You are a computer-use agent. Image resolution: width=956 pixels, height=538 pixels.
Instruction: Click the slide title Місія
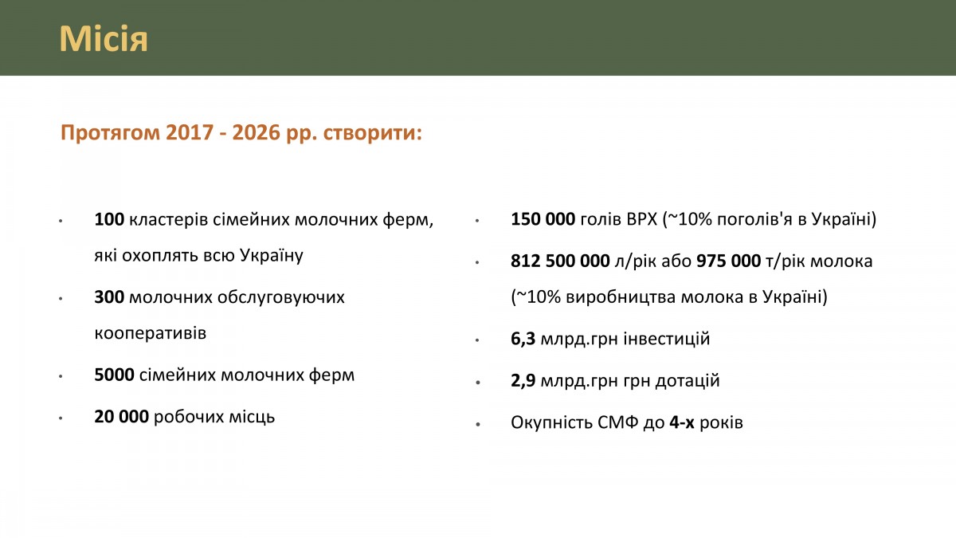tap(104, 39)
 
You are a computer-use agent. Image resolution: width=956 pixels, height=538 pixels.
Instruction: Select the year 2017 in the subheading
tap(190, 132)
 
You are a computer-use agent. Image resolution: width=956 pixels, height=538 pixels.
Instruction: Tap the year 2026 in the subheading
tap(256, 132)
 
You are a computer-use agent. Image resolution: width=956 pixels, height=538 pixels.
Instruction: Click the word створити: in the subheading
tap(373, 133)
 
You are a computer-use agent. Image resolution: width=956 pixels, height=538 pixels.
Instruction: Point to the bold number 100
tap(109, 219)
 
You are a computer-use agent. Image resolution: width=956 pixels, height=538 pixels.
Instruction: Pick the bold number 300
tap(109, 297)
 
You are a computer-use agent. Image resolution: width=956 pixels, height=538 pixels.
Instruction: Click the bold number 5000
tap(115, 375)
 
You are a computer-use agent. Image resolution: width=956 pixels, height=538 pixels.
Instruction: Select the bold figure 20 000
tap(122, 417)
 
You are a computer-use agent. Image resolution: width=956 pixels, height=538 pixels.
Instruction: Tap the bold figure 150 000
tap(543, 219)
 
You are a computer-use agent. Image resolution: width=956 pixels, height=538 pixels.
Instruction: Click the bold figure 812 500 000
tap(560, 261)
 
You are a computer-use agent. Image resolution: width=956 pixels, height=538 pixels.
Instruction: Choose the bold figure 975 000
tap(728, 261)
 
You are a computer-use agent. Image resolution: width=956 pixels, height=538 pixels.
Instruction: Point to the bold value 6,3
tap(523, 339)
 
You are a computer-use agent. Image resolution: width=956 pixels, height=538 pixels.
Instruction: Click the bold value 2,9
tap(523, 381)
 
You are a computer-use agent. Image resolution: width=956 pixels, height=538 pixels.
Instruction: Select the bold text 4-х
tap(682, 422)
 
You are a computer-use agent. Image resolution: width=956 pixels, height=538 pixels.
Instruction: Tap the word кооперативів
tap(151, 333)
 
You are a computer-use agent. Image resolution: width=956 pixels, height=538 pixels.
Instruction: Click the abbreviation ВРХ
tap(642, 219)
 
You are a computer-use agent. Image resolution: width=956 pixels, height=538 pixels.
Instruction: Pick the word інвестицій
tap(667, 339)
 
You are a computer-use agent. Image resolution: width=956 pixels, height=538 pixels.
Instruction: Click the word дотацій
tap(688, 381)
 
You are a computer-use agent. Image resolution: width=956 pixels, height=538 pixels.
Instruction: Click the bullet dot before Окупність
tap(477, 424)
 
